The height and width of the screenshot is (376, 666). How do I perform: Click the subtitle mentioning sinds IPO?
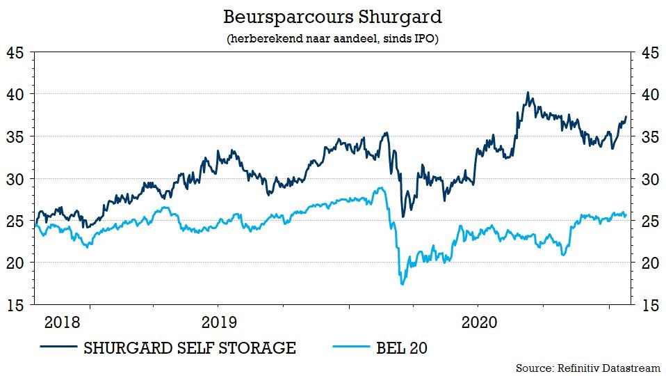click(x=332, y=39)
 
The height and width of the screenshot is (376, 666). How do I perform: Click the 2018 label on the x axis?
click(x=61, y=323)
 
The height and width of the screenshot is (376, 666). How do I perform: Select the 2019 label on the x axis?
click(x=218, y=323)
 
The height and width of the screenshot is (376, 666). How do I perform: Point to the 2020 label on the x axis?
click(x=478, y=323)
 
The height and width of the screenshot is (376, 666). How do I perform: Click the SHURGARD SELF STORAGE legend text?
click(x=189, y=347)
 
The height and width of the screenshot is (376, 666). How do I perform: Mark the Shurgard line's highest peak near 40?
click(x=528, y=93)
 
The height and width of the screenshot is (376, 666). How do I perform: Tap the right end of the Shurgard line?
click(x=626, y=116)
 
